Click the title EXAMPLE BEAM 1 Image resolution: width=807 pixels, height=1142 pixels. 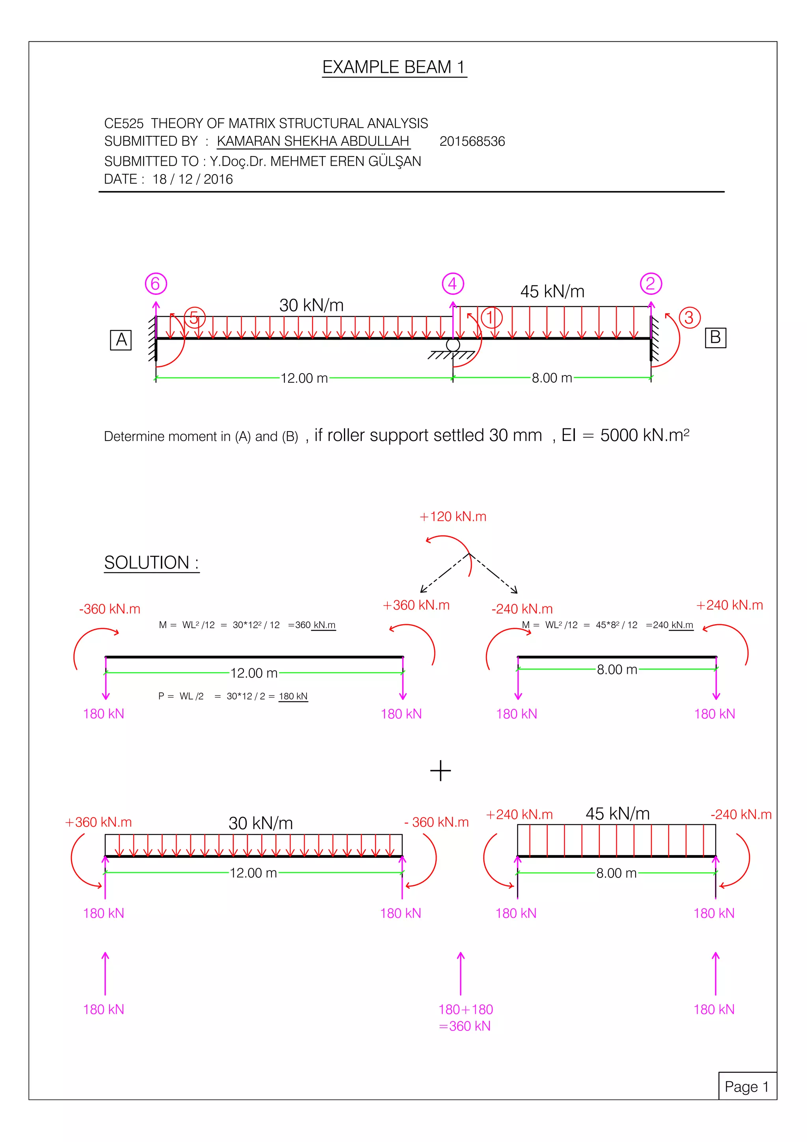pos(393,67)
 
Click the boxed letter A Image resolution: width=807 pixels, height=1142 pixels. pos(121,340)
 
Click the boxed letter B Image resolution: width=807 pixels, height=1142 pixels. pos(715,338)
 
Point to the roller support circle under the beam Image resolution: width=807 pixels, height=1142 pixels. pos(452,345)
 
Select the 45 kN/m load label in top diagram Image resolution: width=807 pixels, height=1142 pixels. pos(552,292)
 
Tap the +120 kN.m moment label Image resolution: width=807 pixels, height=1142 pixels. pos(453,516)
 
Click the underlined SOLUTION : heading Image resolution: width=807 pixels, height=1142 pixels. pos(151,563)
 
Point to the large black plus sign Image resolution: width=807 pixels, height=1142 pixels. pos(440,770)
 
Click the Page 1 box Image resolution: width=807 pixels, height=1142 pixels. pos(747,1086)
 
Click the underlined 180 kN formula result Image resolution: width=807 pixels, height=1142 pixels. pos(293,696)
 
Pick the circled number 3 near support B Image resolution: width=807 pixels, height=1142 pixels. pos(689,317)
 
